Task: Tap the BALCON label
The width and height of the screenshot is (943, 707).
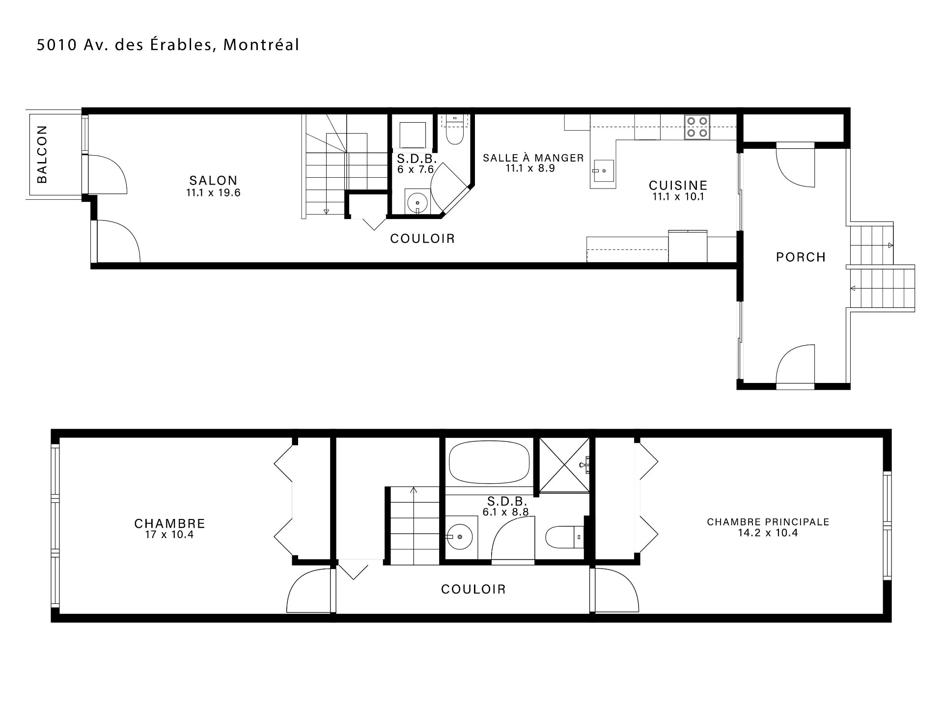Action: pyautogui.click(x=42, y=154)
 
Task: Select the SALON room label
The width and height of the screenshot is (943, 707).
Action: pyautogui.click(x=214, y=181)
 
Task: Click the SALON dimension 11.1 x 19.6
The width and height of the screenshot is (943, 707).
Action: pyautogui.click(x=213, y=193)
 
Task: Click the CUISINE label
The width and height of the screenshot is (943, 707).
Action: pyautogui.click(x=678, y=186)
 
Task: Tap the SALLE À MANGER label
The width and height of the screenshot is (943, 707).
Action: pyautogui.click(x=533, y=158)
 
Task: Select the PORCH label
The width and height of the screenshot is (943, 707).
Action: pyautogui.click(x=801, y=257)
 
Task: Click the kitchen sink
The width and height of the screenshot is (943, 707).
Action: pyautogui.click(x=603, y=174)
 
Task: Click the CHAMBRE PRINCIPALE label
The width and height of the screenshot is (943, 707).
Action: pyautogui.click(x=768, y=522)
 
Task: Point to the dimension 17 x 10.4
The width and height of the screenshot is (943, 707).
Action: pyautogui.click(x=169, y=534)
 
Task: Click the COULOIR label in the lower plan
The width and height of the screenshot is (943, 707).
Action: pyautogui.click(x=473, y=589)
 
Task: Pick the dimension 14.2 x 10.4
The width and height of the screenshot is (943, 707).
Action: pyautogui.click(x=768, y=533)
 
